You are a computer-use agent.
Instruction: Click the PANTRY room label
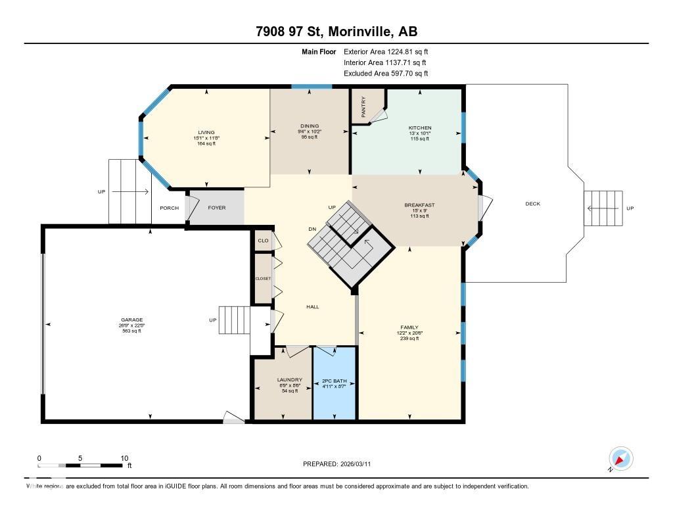pyautogui.click(x=363, y=106)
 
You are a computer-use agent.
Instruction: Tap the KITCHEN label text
pyautogui.click(x=419, y=128)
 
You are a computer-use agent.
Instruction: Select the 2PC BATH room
pyautogui.click(x=335, y=381)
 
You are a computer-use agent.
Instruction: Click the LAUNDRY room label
pyautogui.click(x=289, y=379)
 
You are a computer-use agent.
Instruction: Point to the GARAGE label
pyautogui.click(x=131, y=320)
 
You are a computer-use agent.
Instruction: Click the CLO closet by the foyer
pyautogui.click(x=264, y=241)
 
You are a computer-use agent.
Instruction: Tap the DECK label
pyautogui.click(x=532, y=204)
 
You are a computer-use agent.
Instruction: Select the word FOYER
pyautogui.click(x=217, y=208)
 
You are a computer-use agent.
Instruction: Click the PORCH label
pyautogui.click(x=169, y=208)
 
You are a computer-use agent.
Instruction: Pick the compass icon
pyautogui.click(x=620, y=458)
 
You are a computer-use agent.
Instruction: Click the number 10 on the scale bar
pyautogui.click(x=124, y=458)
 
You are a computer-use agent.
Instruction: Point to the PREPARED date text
pyautogui.click(x=340, y=464)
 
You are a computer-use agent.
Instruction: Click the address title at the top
pyautogui.click(x=336, y=32)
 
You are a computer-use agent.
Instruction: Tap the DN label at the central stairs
pyautogui.click(x=313, y=229)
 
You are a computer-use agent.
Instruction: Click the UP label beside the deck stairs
pyautogui.click(x=630, y=208)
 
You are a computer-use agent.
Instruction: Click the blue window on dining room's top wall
pyautogui.click(x=311, y=87)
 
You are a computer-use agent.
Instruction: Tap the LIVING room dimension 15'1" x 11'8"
pyautogui.click(x=206, y=138)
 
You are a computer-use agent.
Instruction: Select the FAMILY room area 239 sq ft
pyautogui.click(x=409, y=338)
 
